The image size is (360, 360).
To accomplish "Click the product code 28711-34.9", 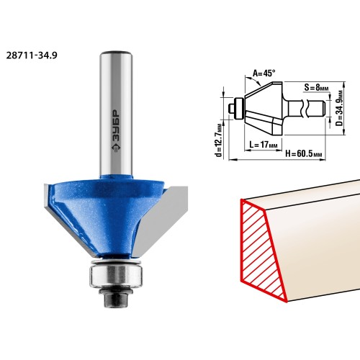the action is point(32,55).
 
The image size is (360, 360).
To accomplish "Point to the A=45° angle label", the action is point(264,73).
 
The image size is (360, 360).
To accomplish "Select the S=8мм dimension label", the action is point(316,87).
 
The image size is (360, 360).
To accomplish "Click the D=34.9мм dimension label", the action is point(339,108).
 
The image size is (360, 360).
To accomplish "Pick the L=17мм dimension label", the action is point(264,145).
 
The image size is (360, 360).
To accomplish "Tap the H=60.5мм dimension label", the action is point(303,153).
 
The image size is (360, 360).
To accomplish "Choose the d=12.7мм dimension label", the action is point(219,141).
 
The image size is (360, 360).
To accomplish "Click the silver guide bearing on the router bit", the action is point(116,274).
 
